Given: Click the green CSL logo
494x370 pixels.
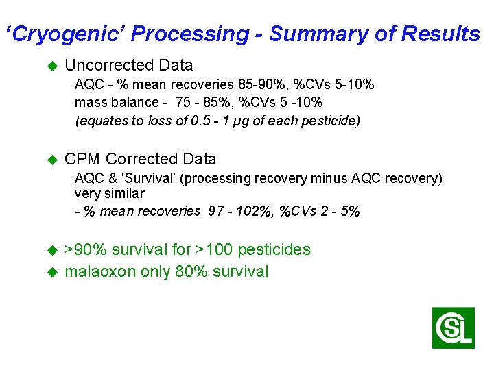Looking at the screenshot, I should tap(453, 328).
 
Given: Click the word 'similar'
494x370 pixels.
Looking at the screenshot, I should tap(124, 194).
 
